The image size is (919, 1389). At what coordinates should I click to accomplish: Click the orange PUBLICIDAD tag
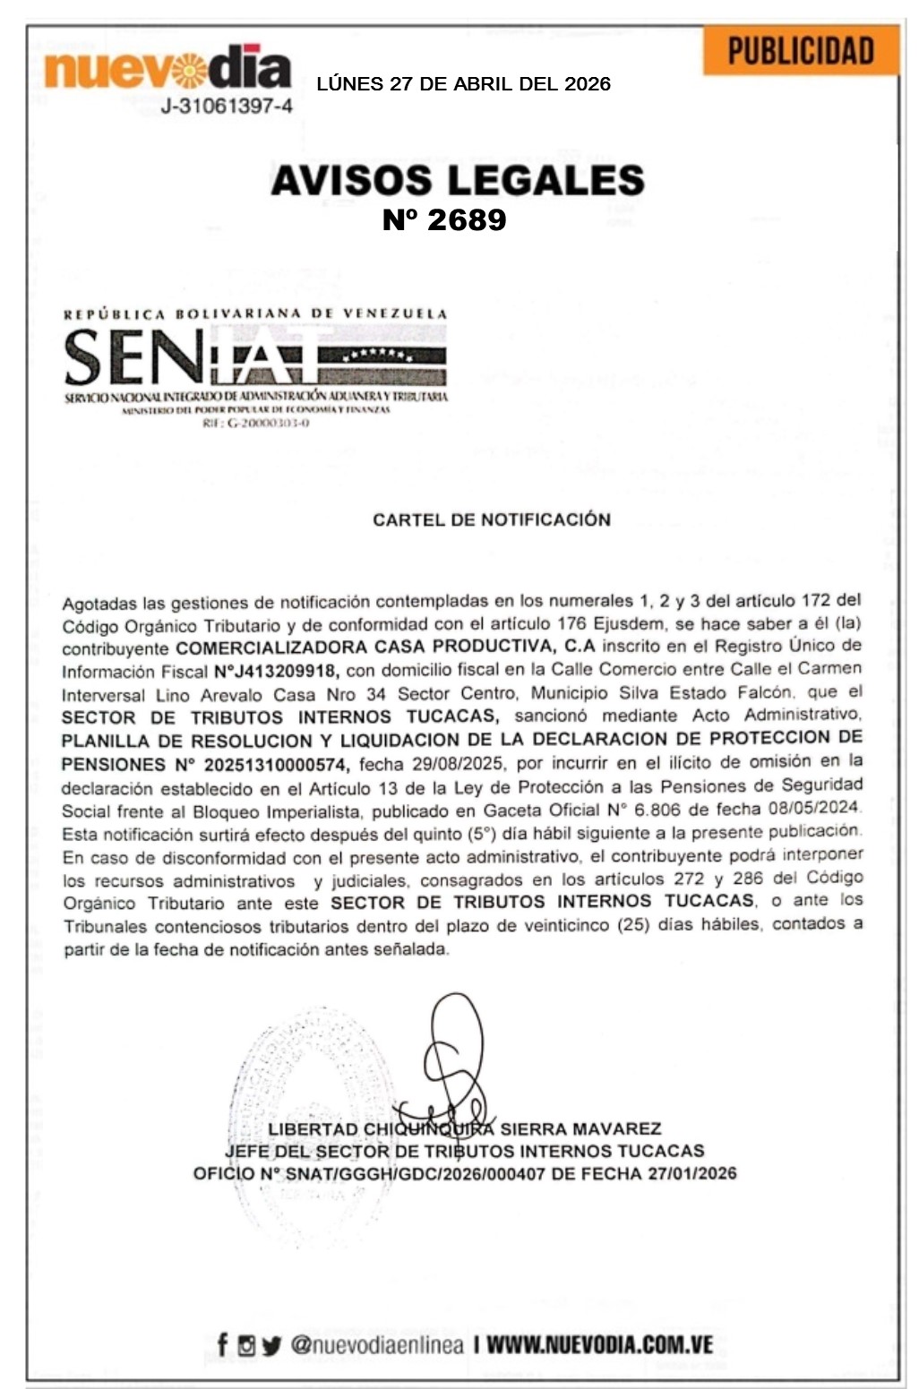pos(800,51)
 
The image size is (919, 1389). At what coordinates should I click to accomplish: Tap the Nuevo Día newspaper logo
pos(167,68)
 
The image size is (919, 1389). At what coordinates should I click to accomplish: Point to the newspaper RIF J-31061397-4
pos(226,107)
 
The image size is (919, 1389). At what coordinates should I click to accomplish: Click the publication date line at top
pos(463,84)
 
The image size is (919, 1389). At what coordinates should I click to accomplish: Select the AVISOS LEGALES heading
pos(457,180)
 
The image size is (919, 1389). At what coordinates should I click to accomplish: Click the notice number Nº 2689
pos(444,219)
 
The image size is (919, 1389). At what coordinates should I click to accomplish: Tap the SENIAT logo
pos(255,356)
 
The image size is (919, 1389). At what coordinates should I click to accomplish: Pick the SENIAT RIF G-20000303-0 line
pos(255,423)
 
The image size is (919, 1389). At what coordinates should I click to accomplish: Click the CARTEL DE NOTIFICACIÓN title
pos(491,519)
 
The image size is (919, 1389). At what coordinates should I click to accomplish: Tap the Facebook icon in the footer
pos(222,1344)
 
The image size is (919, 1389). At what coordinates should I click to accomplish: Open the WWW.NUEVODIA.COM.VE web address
pos(599,1344)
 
